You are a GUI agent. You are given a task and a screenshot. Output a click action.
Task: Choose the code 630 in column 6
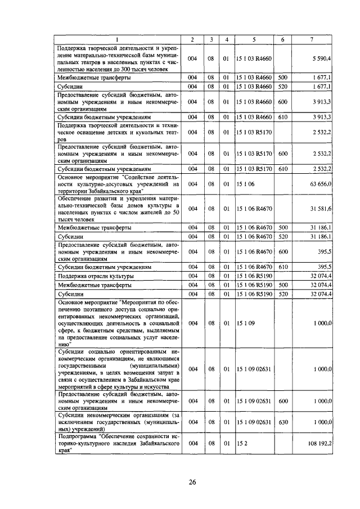tap(282, 421)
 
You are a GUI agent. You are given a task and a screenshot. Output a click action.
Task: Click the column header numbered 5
tap(254, 39)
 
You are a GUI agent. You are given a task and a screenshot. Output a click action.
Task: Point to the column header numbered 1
tap(118, 39)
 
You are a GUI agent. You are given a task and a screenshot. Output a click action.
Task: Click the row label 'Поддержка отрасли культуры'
tap(96, 277)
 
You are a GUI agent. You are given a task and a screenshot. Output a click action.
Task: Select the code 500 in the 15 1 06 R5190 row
tap(282, 286)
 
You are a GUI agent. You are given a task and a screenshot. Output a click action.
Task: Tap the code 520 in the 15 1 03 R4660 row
tap(282, 87)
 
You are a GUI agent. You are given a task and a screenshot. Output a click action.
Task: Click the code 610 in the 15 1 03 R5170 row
tap(282, 168)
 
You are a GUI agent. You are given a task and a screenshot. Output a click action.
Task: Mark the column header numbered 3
tap(211, 39)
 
